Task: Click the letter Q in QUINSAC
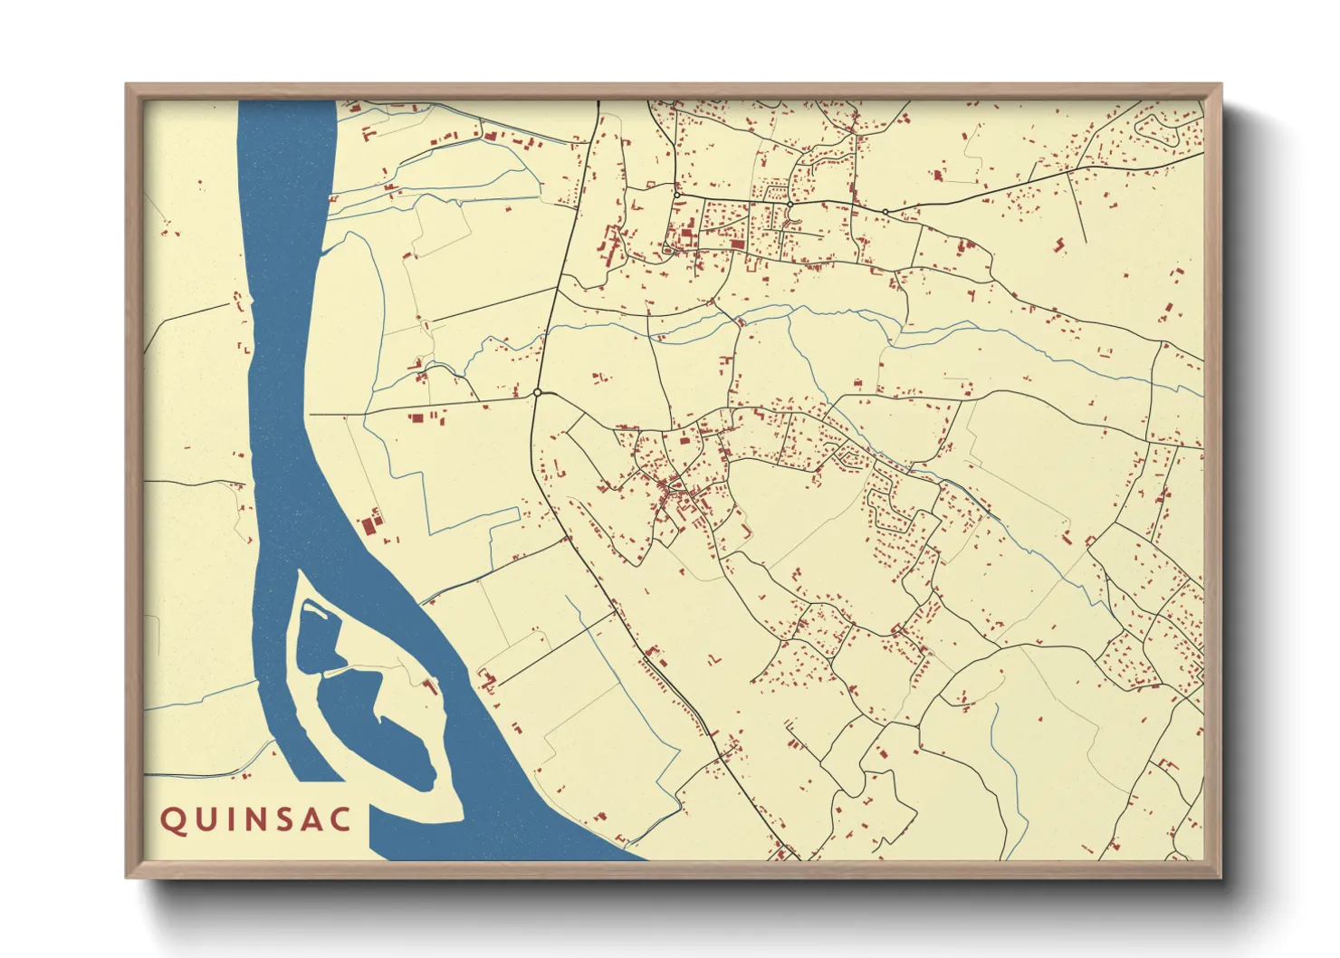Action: click(x=171, y=820)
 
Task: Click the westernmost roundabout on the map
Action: click(x=537, y=393)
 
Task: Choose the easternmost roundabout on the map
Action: click(x=885, y=212)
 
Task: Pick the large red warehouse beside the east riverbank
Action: click(x=368, y=524)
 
